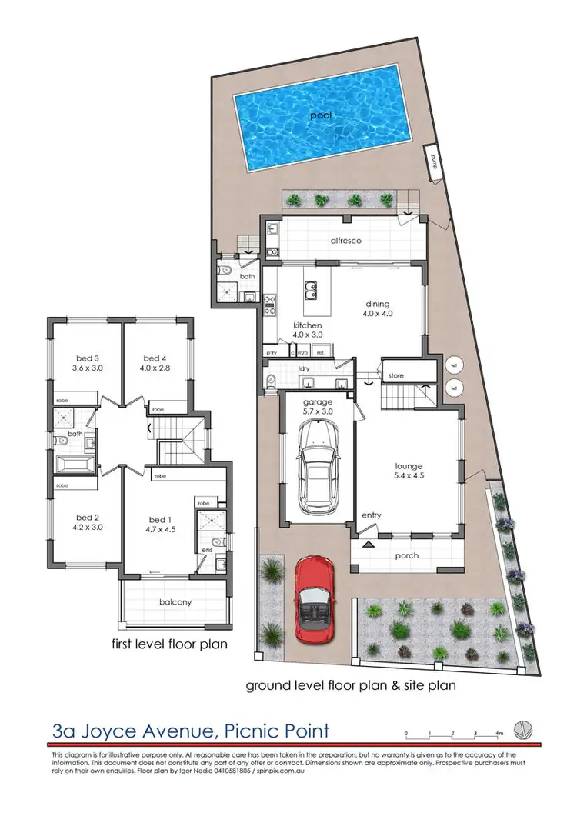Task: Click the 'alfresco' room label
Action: [x=346, y=240]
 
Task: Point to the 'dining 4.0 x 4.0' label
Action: [x=378, y=308]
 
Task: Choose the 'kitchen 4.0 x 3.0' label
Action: [x=307, y=330]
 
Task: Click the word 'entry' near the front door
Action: [x=372, y=515]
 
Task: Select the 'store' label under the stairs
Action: [x=396, y=376]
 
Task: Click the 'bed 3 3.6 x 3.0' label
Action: [x=88, y=363]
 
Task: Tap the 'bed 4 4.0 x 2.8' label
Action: [x=155, y=363]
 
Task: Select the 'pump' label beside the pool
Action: [x=435, y=164]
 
